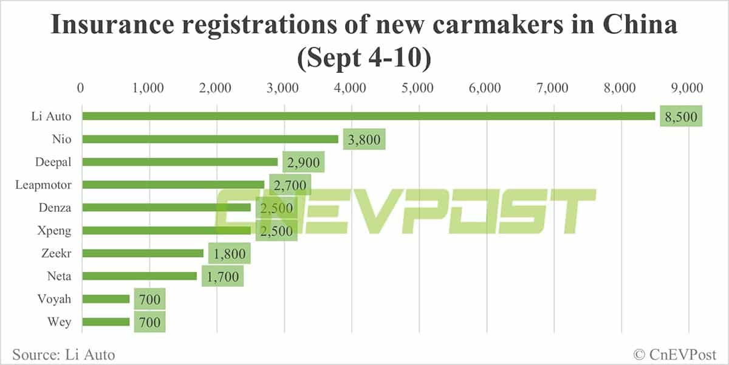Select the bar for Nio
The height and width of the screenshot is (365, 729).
click(x=210, y=139)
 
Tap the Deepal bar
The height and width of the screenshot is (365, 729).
click(x=180, y=162)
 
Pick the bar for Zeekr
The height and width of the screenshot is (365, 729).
click(x=143, y=253)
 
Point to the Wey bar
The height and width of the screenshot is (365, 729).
click(x=106, y=322)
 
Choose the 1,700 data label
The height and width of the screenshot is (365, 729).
click(x=222, y=277)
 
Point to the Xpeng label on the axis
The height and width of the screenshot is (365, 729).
click(x=55, y=231)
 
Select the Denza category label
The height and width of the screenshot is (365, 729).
click(x=55, y=208)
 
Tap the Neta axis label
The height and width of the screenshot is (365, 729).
click(x=59, y=276)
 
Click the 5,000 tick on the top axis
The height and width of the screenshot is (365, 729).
click(x=417, y=87)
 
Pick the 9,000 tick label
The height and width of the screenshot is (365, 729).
click(x=687, y=87)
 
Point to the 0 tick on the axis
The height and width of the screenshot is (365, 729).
click(x=81, y=87)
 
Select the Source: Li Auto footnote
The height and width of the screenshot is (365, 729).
click(x=63, y=353)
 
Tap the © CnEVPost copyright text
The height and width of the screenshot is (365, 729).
click(x=674, y=353)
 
